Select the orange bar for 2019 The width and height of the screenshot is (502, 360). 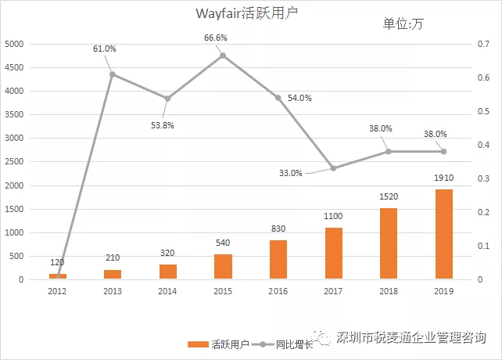click(443, 234)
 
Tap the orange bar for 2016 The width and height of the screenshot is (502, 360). click(278, 260)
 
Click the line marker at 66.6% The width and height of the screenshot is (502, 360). click(223, 56)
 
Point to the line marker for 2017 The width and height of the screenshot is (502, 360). click(333, 168)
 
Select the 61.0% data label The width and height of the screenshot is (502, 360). click(105, 49)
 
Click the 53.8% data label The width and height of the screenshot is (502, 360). click(163, 124)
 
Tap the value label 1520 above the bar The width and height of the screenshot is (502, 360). click(389, 199)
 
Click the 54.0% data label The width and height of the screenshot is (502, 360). click(300, 99)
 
